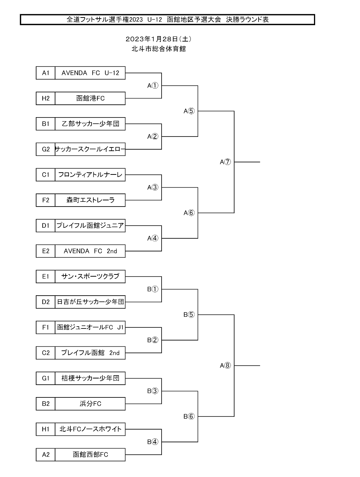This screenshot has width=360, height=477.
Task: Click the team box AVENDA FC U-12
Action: (x=90, y=73)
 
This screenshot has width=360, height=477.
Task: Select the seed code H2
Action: (x=46, y=99)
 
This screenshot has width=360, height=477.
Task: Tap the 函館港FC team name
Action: (x=90, y=99)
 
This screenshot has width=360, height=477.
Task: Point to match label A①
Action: (x=153, y=86)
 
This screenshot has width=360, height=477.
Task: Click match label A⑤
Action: (x=189, y=111)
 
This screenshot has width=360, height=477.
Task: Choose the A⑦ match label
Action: (x=225, y=162)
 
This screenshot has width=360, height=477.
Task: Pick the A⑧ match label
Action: (x=225, y=366)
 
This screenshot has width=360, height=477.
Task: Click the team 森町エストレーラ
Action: (x=90, y=200)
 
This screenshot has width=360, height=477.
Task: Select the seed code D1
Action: (x=46, y=226)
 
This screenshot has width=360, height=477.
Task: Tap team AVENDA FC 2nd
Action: (x=90, y=251)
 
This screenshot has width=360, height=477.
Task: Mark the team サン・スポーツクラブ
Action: (x=90, y=276)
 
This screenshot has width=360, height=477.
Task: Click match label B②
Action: (x=153, y=340)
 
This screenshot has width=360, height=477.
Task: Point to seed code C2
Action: (x=46, y=353)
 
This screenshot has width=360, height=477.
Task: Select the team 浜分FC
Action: (x=90, y=404)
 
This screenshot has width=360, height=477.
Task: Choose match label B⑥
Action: (x=189, y=416)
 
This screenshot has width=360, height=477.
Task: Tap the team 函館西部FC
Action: (x=90, y=454)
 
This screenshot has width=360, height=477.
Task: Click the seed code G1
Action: (x=46, y=378)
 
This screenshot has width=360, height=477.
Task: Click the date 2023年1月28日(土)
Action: (x=159, y=39)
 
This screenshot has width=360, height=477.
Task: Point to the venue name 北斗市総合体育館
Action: (x=159, y=49)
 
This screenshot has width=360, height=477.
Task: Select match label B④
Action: (x=153, y=442)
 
